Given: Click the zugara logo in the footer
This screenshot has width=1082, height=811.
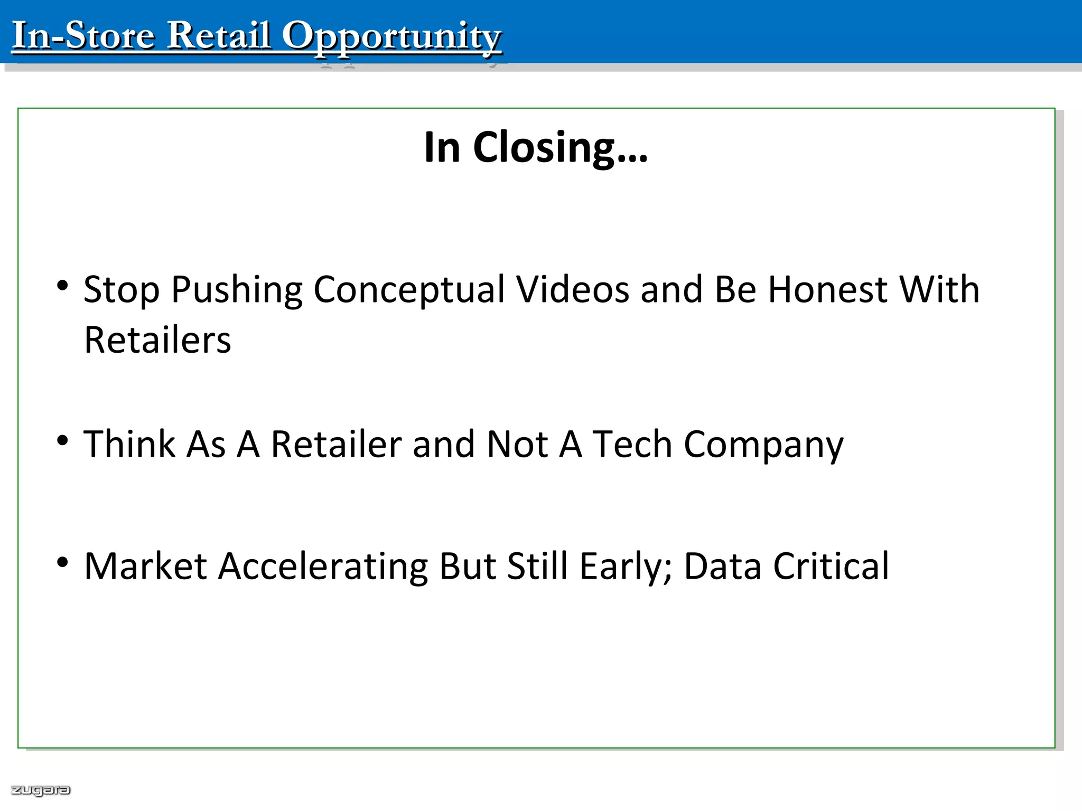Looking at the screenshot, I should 41,790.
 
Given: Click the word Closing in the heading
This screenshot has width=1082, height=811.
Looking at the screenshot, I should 560,147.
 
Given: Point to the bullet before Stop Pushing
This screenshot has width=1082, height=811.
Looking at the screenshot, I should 63,286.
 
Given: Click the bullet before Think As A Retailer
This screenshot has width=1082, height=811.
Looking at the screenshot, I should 63,440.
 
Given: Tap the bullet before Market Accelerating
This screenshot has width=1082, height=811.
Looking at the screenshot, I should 63,562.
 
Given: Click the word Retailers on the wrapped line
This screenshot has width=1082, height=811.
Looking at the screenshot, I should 157,340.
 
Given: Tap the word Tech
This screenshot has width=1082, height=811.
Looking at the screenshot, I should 632,444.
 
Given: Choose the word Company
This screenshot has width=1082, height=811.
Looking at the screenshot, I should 763,445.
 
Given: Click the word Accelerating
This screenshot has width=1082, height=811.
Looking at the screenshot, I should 323,567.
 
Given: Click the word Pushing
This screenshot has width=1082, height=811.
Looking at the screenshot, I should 237,290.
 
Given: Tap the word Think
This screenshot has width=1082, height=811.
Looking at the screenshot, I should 129,444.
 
